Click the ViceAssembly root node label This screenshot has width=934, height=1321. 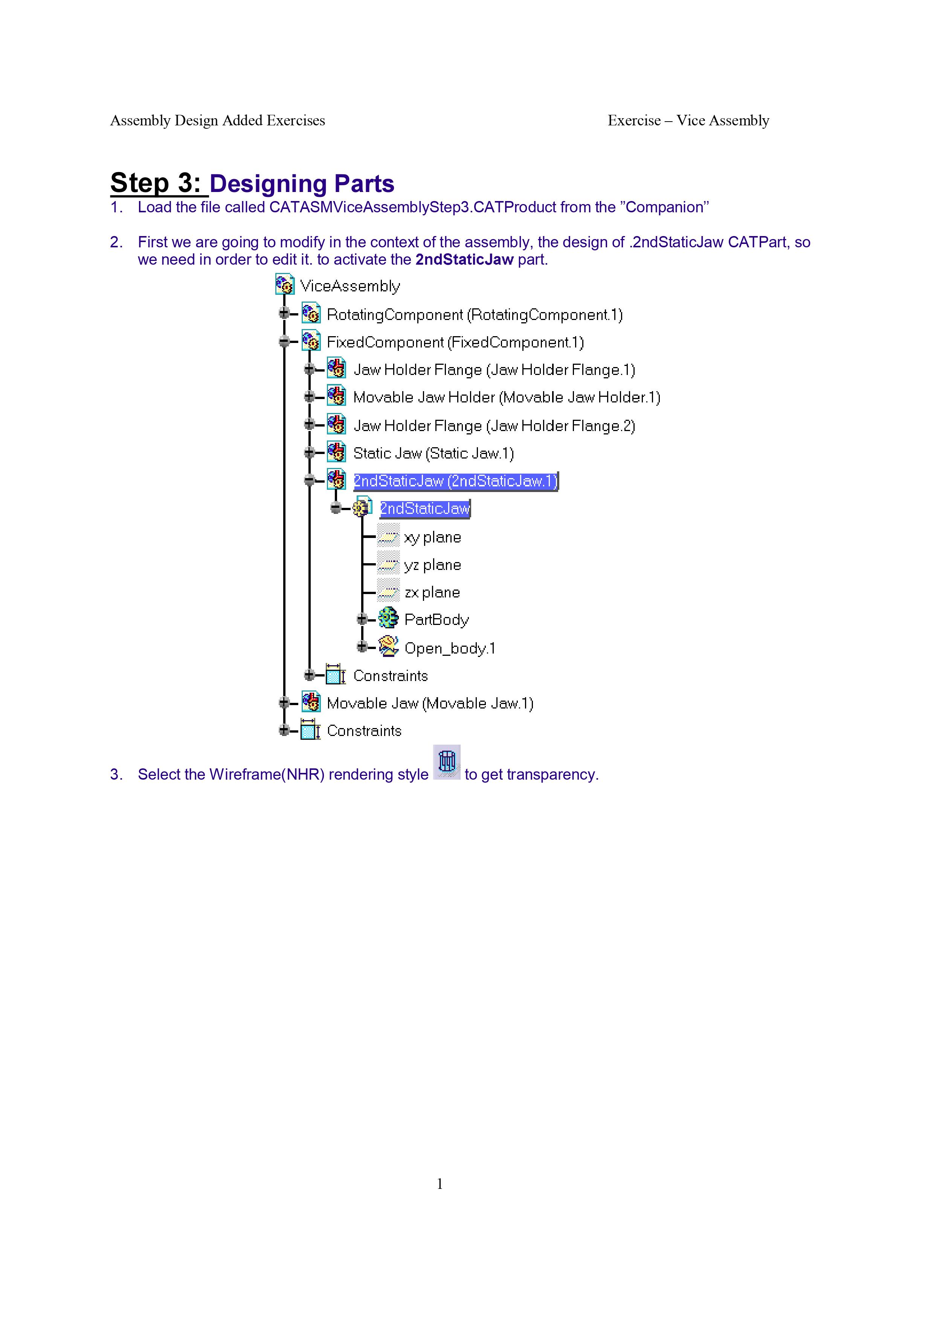[x=350, y=286]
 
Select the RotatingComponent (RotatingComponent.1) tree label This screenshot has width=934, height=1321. [x=474, y=315]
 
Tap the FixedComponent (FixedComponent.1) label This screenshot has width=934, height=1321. [x=455, y=342]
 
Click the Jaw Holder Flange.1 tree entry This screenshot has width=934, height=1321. [x=494, y=370]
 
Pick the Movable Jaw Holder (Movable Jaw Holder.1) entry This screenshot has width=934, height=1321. [x=507, y=398]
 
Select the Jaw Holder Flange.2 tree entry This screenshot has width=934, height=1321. [x=494, y=426]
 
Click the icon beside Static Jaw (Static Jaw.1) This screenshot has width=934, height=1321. [x=336, y=452]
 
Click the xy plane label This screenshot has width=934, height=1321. [x=432, y=537]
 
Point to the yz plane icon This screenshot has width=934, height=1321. [x=388, y=564]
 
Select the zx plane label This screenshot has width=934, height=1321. [x=432, y=593]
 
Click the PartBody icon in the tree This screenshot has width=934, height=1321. [x=388, y=619]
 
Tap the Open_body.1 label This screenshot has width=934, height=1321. [x=449, y=648]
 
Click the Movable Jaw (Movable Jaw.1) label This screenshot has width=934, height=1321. [x=430, y=703]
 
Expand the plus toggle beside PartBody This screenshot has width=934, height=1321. [x=362, y=619]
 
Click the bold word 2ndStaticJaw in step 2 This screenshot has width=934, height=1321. [x=464, y=259]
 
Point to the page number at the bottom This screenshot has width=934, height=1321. [x=440, y=1184]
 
